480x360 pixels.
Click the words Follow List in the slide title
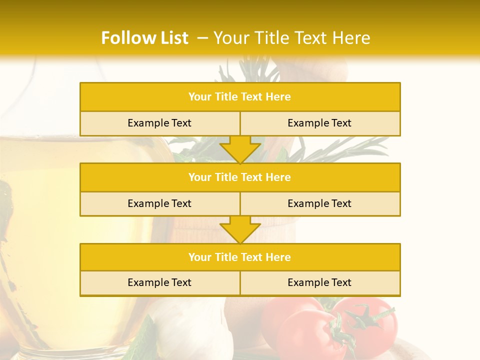click(x=144, y=38)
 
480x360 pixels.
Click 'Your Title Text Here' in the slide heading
click(x=292, y=38)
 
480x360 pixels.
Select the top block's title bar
click(x=240, y=97)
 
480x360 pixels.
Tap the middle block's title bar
click(x=240, y=177)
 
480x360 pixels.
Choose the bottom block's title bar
click(x=240, y=257)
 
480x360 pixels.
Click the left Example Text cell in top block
click(x=159, y=123)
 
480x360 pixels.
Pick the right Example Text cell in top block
click(x=319, y=123)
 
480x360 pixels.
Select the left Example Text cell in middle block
click(x=159, y=204)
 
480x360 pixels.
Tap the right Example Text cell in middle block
click(x=319, y=204)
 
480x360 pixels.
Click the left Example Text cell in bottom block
click(x=159, y=283)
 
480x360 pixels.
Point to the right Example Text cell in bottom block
click(x=319, y=283)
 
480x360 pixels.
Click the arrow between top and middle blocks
click(x=240, y=149)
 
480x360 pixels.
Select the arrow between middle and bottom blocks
click(x=240, y=229)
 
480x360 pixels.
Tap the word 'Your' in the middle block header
click(x=199, y=177)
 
